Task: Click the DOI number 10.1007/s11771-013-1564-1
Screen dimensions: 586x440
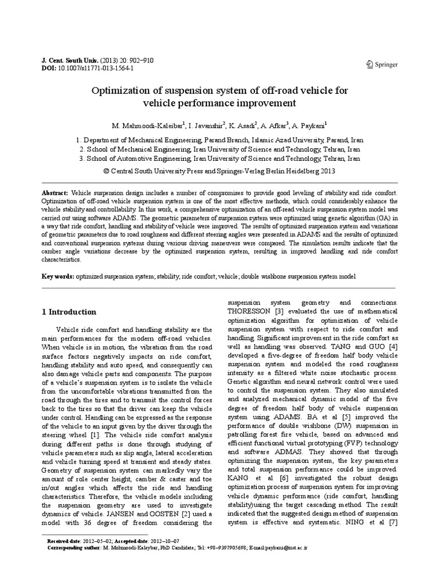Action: click(x=97, y=68)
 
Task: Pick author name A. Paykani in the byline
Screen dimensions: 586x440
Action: click(x=309, y=125)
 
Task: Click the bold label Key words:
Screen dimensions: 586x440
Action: click(x=58, y=276)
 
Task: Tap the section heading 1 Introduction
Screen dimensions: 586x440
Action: click(x=69, y=312)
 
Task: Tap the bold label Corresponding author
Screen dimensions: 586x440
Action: click(x=72, y=548)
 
